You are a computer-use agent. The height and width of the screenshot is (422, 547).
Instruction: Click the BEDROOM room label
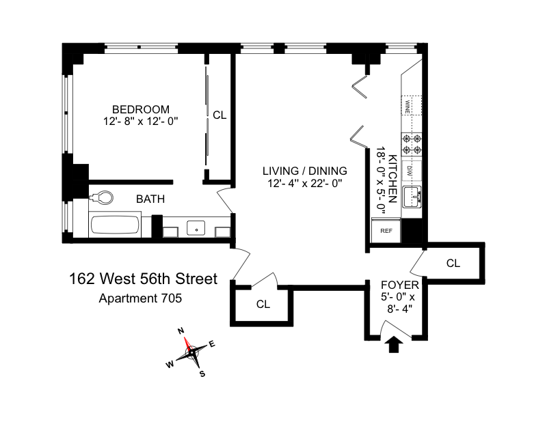(x=141, y=109)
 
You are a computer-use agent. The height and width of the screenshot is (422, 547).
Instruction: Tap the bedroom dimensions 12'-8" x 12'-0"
(x=141, y=122)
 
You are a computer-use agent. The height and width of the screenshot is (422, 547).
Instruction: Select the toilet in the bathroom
(x=101, y=198)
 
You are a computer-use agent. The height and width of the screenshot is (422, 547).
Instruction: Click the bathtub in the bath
(x=115, y=225)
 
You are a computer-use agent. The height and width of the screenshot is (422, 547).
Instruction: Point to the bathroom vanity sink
(x=196, y=228)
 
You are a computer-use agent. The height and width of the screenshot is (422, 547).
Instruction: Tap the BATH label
(x=150, y=199)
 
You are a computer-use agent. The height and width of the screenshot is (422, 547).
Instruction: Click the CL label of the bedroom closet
(x=219, y=115)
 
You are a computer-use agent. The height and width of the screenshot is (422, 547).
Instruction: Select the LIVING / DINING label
(x=304, y=171)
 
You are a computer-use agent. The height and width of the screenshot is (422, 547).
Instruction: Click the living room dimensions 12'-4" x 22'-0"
(x=304, y=183)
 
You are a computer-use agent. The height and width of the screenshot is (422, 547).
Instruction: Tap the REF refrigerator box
(x=386, y=230)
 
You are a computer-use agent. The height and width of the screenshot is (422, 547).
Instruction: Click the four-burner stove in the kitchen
(x=412, y=144)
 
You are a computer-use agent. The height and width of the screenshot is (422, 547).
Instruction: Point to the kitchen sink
(x=412, y=197)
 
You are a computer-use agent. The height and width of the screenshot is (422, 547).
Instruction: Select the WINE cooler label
(x=408, y=107)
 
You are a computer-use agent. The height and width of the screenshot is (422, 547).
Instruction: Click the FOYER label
(x=400, y=285)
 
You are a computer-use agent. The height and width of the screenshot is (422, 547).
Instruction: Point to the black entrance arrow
(x=394, y=344)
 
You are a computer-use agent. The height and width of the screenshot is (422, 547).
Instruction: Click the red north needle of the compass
(x=187, y=345)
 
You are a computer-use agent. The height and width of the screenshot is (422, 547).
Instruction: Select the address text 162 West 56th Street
(x=143, y=279)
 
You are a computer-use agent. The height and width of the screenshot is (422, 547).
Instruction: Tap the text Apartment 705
(x=140, y=298)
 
